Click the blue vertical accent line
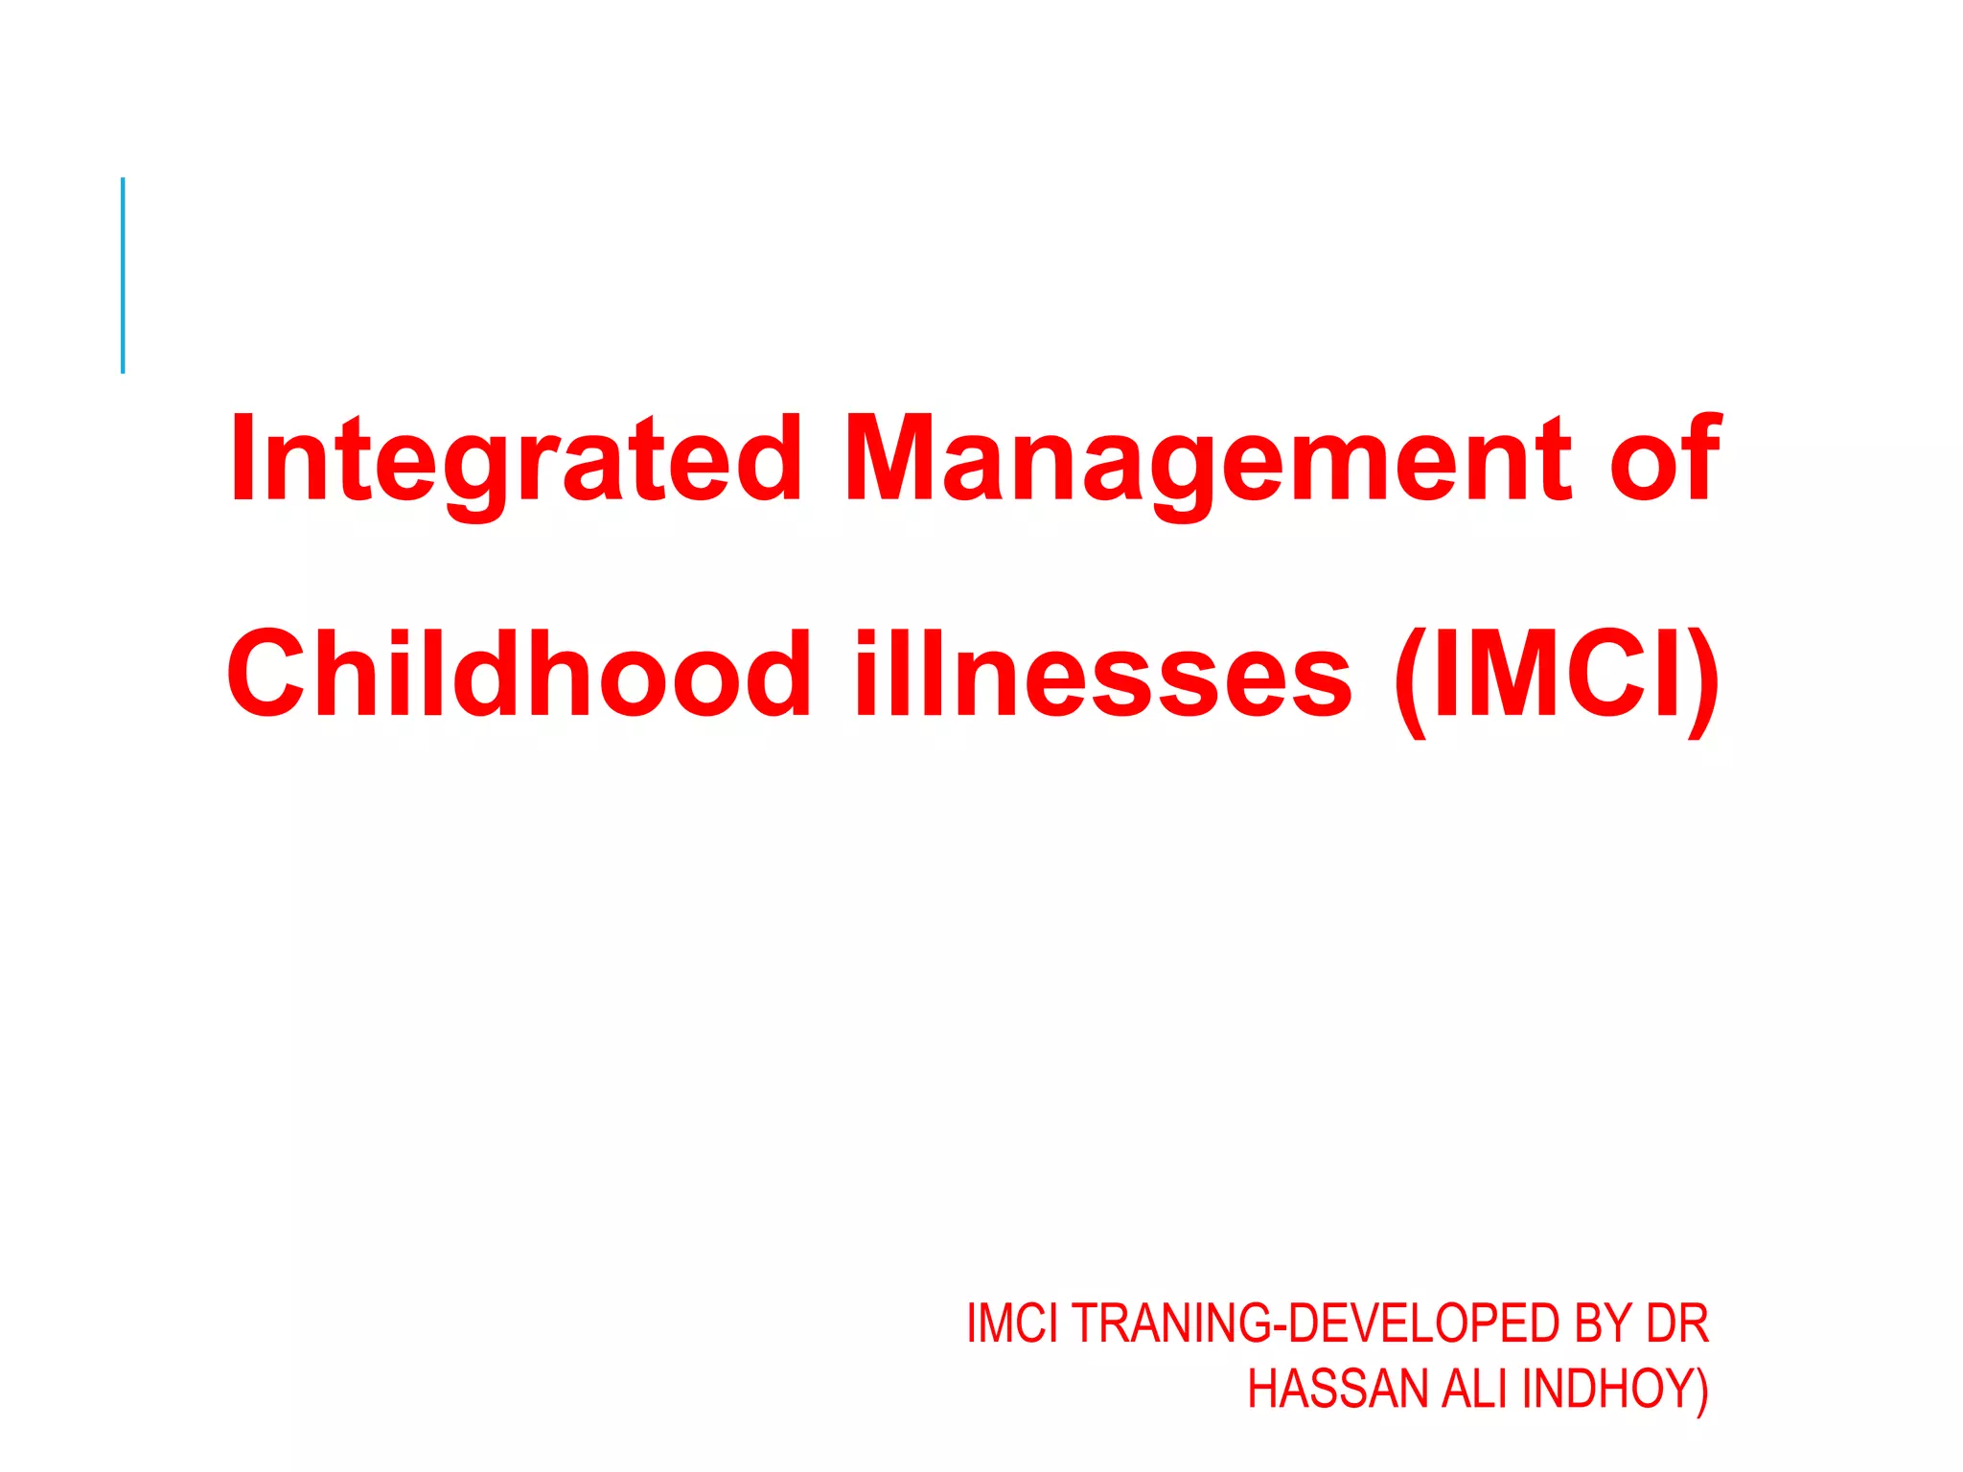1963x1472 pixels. (x=123, y=275)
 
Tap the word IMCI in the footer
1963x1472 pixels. (x=1012, y=1323)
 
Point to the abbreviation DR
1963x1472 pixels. (x=1677, y=1323)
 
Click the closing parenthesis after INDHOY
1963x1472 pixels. (x=1701, y=1391)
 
